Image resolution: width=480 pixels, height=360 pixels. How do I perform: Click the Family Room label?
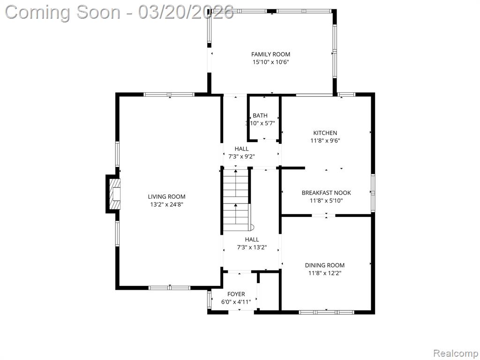[270, 54]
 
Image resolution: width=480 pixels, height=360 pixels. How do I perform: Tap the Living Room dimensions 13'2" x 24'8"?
[166, 204]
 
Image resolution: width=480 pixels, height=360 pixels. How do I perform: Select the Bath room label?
[260, 115]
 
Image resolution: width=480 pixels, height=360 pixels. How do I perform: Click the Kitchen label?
[325, 133]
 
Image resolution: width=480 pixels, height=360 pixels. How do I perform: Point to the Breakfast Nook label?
[326, 193]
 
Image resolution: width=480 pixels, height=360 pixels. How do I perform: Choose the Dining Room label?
[325, 265]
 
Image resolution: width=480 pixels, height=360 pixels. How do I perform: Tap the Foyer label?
[236, 294]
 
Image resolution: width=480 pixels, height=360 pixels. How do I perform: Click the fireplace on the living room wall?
[113, 194]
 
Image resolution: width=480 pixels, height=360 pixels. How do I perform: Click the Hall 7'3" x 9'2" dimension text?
[241, 157]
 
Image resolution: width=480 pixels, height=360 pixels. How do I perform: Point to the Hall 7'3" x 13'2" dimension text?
[252, 247]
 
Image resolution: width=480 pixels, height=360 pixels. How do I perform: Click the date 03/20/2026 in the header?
[186, 13]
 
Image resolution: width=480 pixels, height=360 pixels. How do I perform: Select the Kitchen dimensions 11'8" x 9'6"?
[325, 141]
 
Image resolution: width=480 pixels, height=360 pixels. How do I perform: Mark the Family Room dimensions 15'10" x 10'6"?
[270, 62]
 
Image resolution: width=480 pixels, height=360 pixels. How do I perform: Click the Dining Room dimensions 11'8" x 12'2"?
[325, 273]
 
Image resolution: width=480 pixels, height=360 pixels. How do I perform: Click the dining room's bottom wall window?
[326, 312]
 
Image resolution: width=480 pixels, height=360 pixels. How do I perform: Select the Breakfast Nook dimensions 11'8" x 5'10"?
[326, 201]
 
